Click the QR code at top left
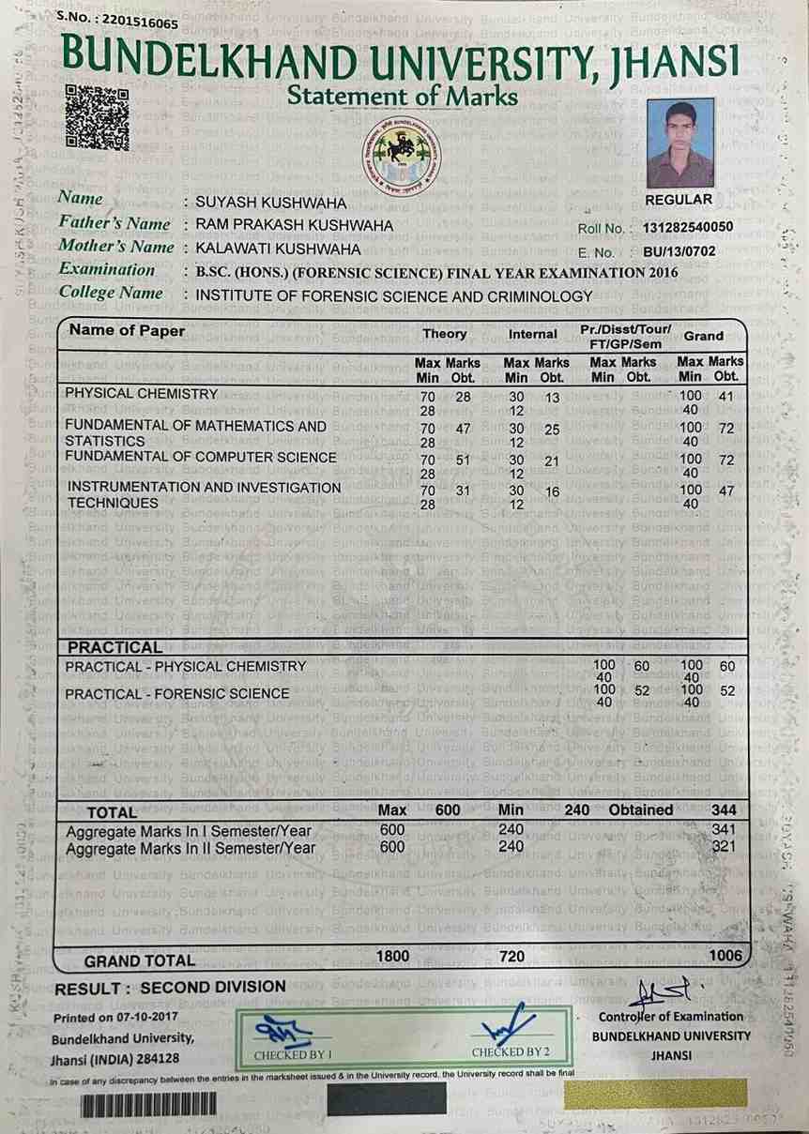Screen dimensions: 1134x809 97,117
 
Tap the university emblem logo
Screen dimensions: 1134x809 407,156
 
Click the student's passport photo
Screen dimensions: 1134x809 679,144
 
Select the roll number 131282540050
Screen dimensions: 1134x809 688,227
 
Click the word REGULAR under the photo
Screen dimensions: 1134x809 679,199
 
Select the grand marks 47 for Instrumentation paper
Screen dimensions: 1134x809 725,491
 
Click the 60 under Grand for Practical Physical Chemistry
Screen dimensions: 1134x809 726,666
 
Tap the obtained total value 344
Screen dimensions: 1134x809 723,809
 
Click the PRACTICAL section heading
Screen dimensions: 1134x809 114,647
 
